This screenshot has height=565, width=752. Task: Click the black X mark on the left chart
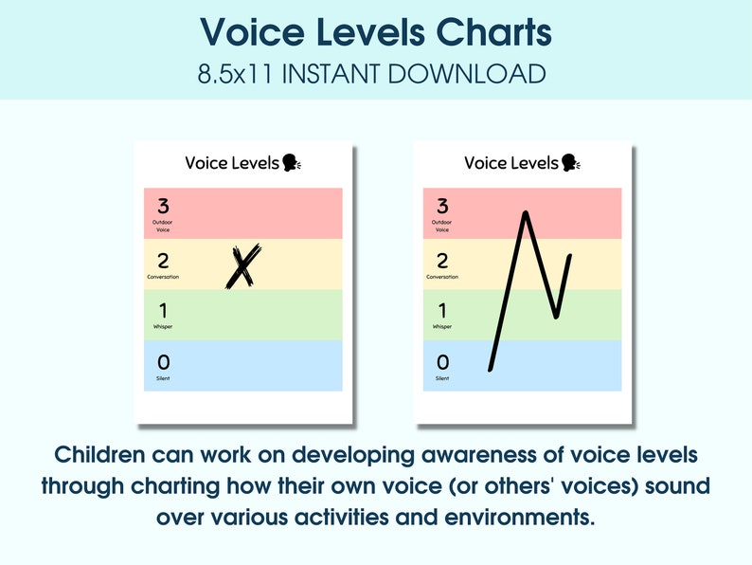[242, 265]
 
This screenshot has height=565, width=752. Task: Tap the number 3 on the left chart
[163, 206]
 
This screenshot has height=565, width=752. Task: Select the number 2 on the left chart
[163, 261]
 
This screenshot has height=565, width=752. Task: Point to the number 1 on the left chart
[163, 311]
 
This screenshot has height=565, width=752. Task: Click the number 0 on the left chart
[163, 362]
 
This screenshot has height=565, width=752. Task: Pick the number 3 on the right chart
[442, 206]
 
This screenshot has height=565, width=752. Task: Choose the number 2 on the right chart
[442, 261]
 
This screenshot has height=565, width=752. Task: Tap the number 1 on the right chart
[442, 311]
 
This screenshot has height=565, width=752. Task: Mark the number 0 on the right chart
[442, 362]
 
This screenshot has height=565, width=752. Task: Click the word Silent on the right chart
[442, 378]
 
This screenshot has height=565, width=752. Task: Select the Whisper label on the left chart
[163, 327]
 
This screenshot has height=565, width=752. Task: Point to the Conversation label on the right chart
[442, 277]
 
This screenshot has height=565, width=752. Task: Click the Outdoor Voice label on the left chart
[163, 226]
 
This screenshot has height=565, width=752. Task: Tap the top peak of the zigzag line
[526, 213]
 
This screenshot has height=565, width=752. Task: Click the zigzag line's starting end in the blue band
[491, 368]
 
